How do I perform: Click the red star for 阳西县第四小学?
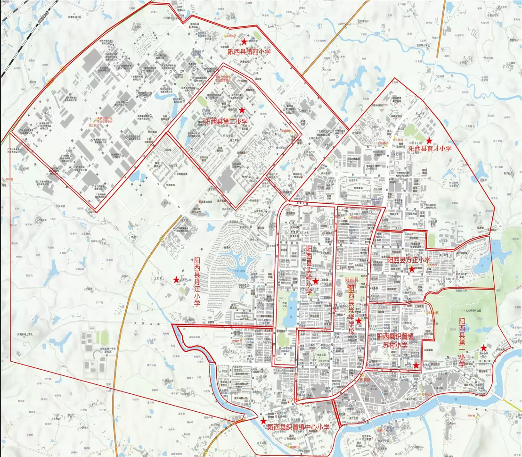pos(244,42)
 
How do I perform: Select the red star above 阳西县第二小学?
pos(242,110)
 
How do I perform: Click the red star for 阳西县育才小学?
pos(429,141)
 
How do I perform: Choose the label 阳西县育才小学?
pos(430,149)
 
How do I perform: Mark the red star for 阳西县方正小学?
pos(411,269)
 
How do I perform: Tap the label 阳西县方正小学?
pos(408,260)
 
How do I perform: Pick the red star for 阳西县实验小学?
pos(315,281)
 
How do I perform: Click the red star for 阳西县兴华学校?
pos(359,321)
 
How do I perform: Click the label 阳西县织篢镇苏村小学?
pos(395,341)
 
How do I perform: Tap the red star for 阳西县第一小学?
pos(483,348)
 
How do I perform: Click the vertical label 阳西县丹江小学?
pos(197,282)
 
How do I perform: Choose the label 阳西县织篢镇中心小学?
pos(298,427)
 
